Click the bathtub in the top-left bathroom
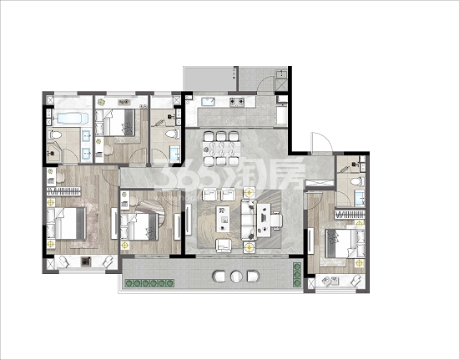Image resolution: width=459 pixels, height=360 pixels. point(73,119)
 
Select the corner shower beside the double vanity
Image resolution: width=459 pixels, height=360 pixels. point(55,152)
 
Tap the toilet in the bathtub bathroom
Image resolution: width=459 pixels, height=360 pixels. point(56,134)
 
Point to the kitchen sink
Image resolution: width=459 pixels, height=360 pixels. point(208,102)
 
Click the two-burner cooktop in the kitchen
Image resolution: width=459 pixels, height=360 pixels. point(236,102)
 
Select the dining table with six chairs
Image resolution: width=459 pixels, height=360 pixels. point(222,149)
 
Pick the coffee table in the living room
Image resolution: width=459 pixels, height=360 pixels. point(223,219)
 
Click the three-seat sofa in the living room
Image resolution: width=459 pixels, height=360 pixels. point(249,220)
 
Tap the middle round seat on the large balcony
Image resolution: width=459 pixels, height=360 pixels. point(236,276)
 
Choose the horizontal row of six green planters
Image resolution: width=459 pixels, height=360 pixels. point(149,283)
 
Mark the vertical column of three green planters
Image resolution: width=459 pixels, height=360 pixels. point(297,275)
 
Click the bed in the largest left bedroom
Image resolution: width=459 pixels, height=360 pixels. point(67,223)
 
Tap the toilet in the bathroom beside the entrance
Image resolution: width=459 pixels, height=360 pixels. point(357,181)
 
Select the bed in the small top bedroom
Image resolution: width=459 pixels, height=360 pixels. point(119,123)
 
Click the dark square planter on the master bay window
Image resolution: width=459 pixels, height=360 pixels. point(85,261)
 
